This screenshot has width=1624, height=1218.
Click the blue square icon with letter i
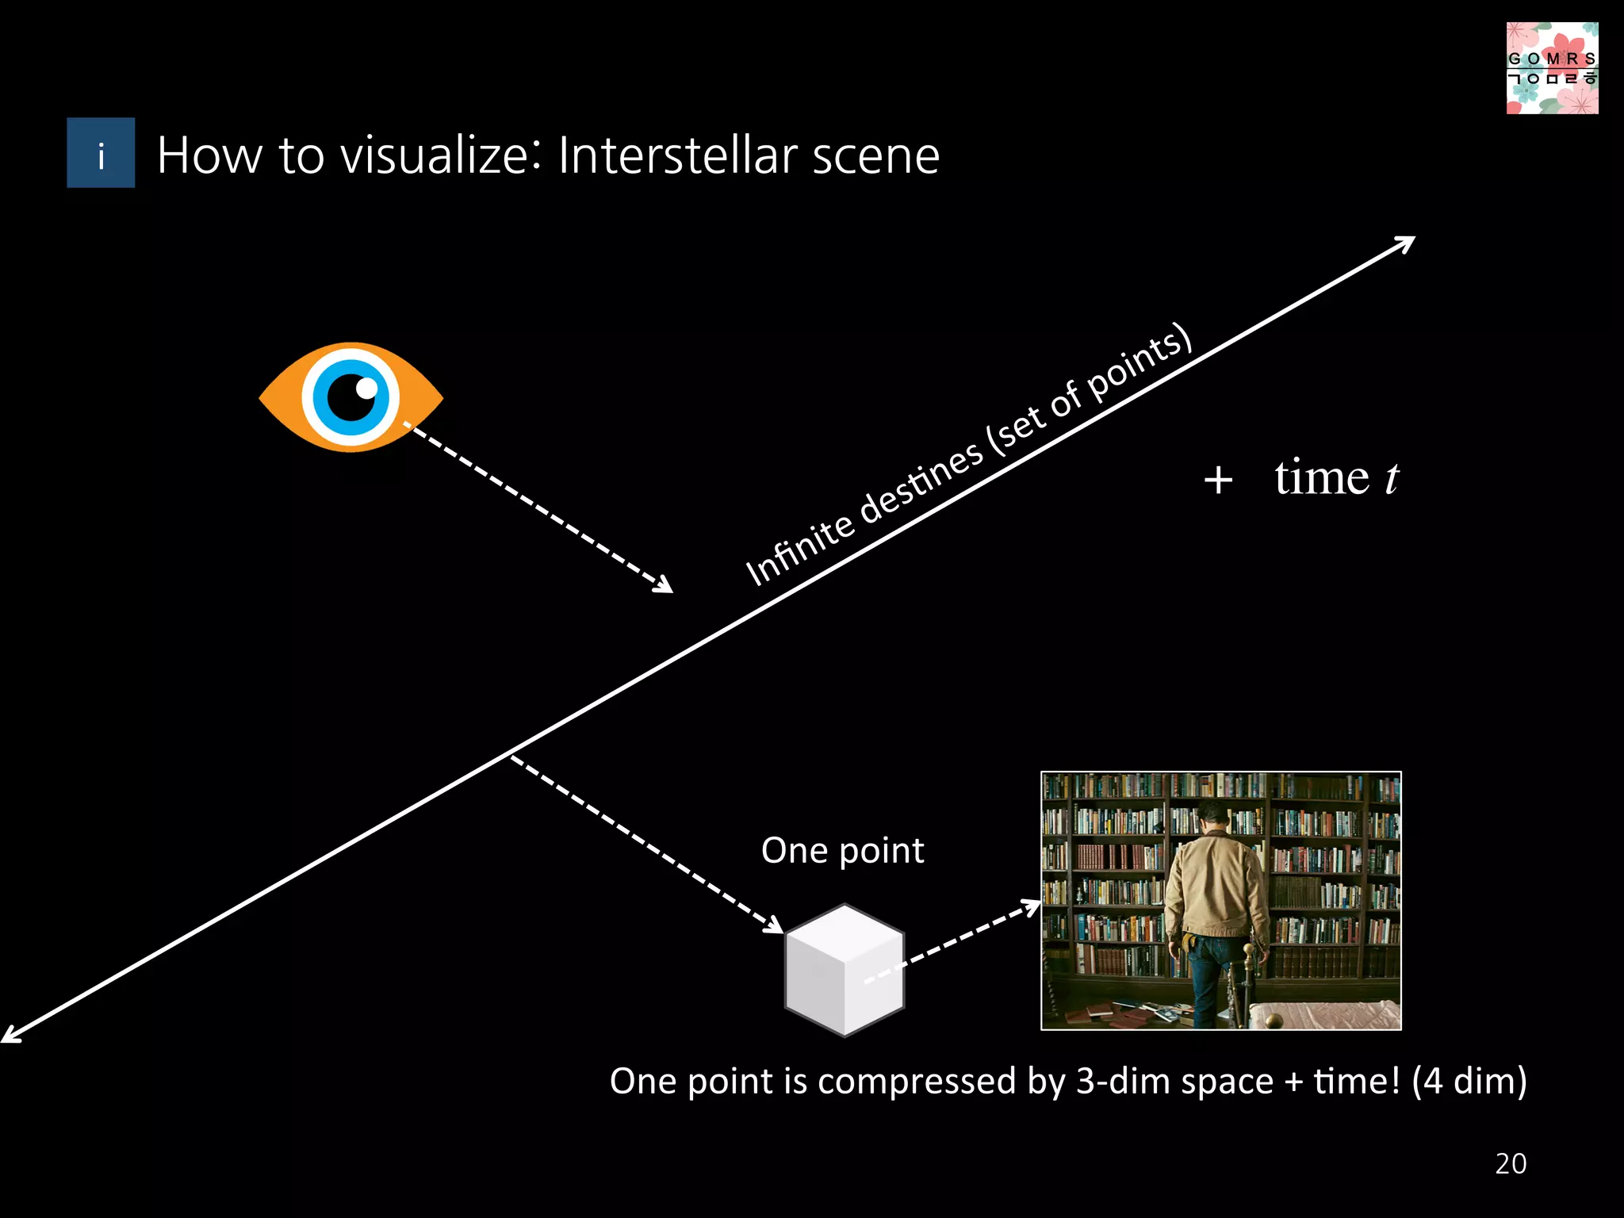coord(101,153)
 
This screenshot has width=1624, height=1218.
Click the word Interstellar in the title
coord(677,155)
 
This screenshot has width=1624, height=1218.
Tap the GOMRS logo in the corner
coord(1552,68)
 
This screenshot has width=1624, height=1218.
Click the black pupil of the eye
coord(350,397)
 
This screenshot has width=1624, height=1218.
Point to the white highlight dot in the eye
coord(366,388)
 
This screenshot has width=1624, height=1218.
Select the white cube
coord(845,970)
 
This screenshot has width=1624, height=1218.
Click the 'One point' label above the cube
coord(842,851)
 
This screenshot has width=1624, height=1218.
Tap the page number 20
coord(1511,1163)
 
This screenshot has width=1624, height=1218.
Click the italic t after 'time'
coord(1391,478)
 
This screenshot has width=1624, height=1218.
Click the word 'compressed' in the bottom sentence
coord(917,1082)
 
